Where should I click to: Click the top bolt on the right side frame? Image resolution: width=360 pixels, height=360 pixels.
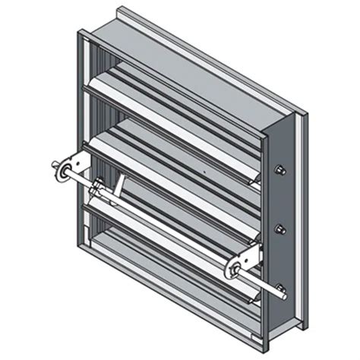coord(279,169)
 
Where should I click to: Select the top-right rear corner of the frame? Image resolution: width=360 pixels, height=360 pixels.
coord(305,114)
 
